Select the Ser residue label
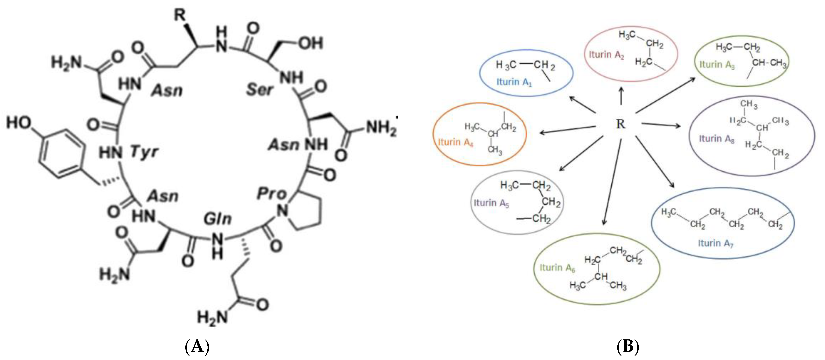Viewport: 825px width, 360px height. click(260, 89)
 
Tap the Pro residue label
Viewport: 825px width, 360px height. click(271, 194)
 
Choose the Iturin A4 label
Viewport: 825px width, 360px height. click(455, 142)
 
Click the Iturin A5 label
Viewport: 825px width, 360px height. click(491, 203)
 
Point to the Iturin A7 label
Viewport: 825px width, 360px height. click(715, 244)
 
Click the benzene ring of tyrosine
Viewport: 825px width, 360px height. click(61, 154)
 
